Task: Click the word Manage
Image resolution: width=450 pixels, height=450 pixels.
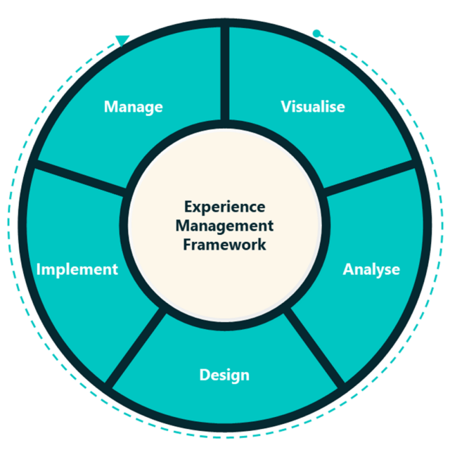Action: pyautogui.click(x=133, y=107)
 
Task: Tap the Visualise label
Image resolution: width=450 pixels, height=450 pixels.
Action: pyautogui.click(x=313, y=106)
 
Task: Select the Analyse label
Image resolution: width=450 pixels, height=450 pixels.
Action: pyautogui.click(x=371, y=269)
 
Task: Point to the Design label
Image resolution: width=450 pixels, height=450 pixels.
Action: pyautogui.click(x=224, y=375)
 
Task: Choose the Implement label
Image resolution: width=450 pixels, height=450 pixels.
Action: pyautogui.click(x=77, y=269)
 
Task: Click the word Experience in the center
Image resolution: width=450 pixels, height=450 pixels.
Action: pyautogui.click(x=225, y=207)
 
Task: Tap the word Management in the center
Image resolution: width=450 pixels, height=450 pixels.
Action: pyautogui.click(x=224, y=226)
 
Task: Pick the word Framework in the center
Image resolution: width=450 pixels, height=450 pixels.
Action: pyautogui.click(x=224, y=245)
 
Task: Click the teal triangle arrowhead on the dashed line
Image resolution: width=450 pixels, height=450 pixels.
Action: pyautogui.click(x=122, y=40)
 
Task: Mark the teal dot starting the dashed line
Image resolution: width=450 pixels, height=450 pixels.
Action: pyautogui.click(x=316, y=34)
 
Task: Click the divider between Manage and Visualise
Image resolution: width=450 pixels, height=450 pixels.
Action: pyautogui.click(x=225, y=73)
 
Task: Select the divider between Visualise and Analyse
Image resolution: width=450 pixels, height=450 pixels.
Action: pyautogui.click(x=369, y=178)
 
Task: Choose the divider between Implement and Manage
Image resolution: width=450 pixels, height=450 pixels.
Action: pyautogui.click(x=81, y=178)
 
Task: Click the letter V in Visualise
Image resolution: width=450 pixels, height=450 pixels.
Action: pyautogui.click(x=286, y=106)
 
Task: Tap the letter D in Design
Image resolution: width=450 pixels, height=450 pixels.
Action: pyautogui.click(x=205, y=375)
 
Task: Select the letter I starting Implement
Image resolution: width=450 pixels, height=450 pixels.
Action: pyautogui.click(x=39, y=269)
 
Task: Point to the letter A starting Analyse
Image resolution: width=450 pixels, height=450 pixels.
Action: pyautogui.click(x=349, y=269)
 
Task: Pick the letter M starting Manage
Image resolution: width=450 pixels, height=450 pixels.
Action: pyautogui.click(x=111, y=106)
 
